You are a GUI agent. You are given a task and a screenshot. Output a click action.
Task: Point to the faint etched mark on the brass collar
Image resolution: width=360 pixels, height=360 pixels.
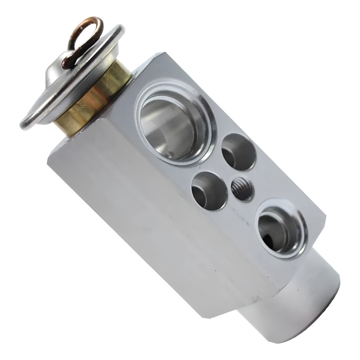coord(82,105)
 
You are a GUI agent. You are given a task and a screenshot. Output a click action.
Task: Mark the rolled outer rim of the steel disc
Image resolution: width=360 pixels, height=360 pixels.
coord(26,123)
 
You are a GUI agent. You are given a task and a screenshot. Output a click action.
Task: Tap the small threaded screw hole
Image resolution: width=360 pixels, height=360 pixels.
coord(242,188)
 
